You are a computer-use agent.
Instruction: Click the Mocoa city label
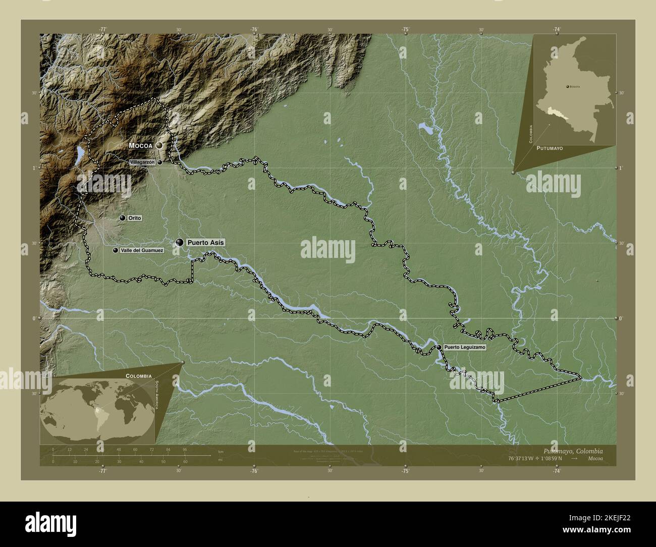[x=140, y=145]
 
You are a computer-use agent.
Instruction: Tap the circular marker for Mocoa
[x=159, y=145]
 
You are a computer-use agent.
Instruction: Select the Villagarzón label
[x=142, y=162]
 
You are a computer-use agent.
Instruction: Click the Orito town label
[x=134, y=218]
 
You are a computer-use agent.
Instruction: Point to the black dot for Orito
[x=123, y=218]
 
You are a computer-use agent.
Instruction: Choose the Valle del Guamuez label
[x=142, y=250]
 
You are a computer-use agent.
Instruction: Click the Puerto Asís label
[x=205, y=242]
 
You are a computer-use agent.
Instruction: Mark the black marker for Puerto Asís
[x=180, y=242]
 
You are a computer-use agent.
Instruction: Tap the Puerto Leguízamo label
[x=465, y=348]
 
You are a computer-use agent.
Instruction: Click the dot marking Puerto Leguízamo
[x=440, y=347]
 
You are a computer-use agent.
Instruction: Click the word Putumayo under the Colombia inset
[x=550, y=149]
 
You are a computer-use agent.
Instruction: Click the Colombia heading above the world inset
[x=139, y=376]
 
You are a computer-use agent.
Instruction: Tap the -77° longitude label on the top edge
[x=103, y=30]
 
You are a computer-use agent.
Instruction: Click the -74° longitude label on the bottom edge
[x=557, y=471]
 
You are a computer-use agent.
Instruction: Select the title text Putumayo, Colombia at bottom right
[x=572, y=451]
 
